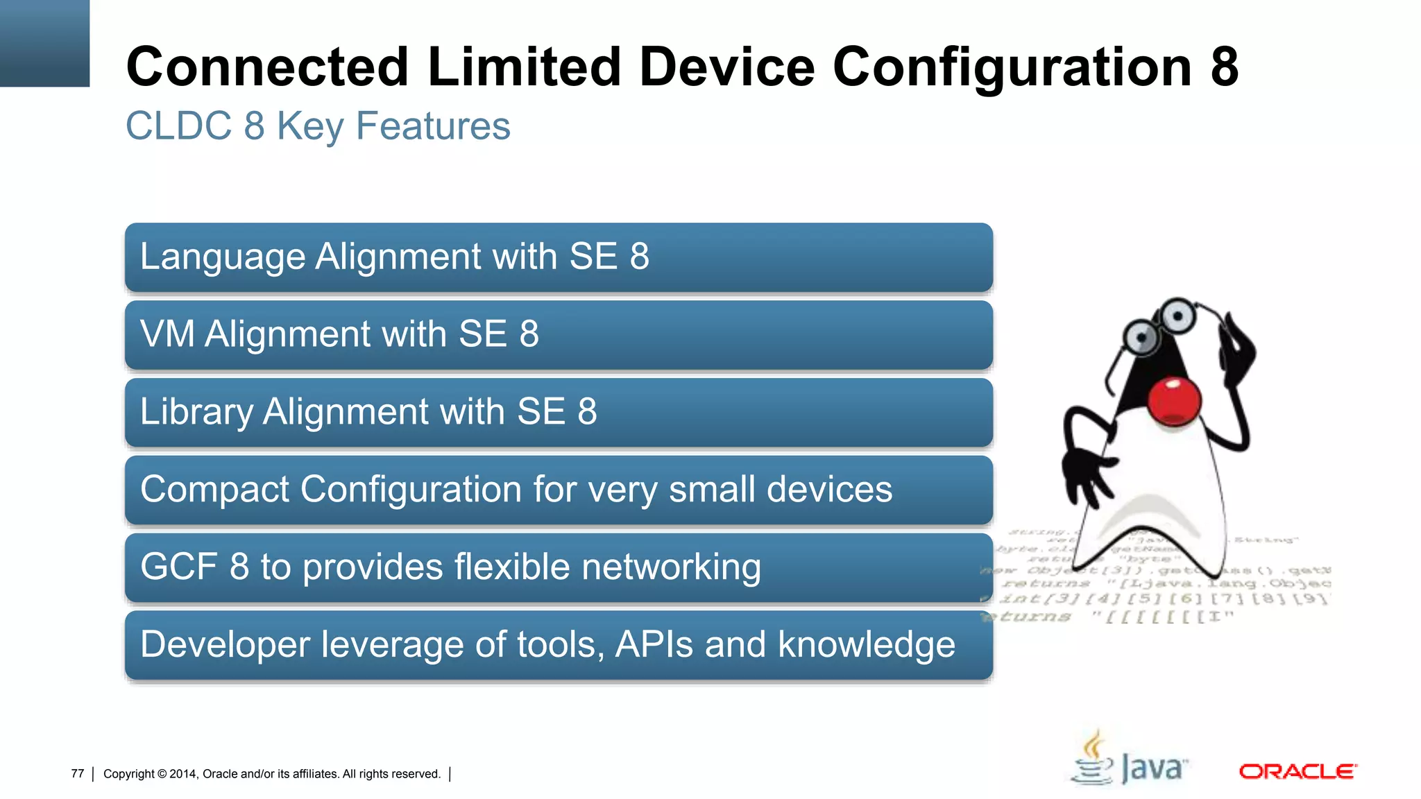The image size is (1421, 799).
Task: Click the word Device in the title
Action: (726, 67)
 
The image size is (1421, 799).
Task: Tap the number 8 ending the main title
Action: (1225, 67)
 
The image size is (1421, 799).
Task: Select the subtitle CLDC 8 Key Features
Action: (318, 126)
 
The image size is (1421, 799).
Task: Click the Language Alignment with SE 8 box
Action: (559, 257)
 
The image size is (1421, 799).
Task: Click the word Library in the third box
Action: (196, 412)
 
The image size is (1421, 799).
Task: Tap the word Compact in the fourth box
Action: (214, 490)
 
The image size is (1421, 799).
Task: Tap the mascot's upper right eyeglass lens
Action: (1177, 316)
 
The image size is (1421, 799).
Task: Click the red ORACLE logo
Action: (1297, 771)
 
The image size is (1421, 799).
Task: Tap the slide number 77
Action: (77, 773)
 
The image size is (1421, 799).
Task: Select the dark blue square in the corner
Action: (44, 43)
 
